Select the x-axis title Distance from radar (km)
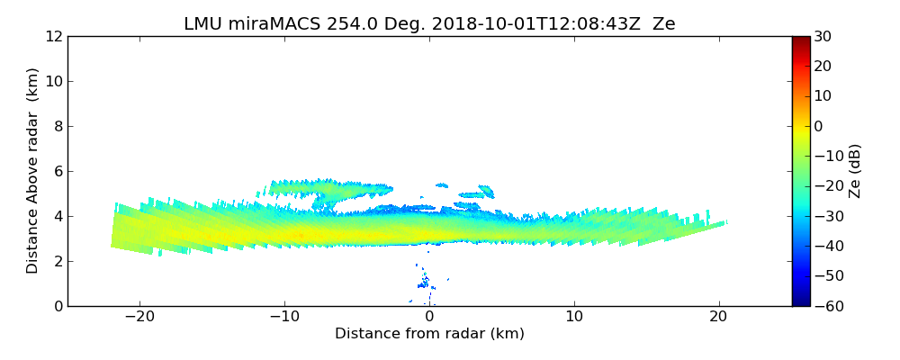pyautogui.click(x=429, y=334)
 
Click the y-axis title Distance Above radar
pyautogui.click(x=32, y=171)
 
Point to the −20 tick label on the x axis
pyautogui.click(x=139, y=317)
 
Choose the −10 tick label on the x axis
pyautogui.click(x=284, y=317)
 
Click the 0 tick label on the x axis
pyautogui.click(x=429, y=317)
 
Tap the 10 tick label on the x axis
pyautogui.click(x=574, y=317)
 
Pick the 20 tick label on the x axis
pyautogui.click(x=718, y=317)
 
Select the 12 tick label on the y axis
pyautogui.click(x=53, y=37)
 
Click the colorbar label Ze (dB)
pyautogui.click(x=855, y=171)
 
